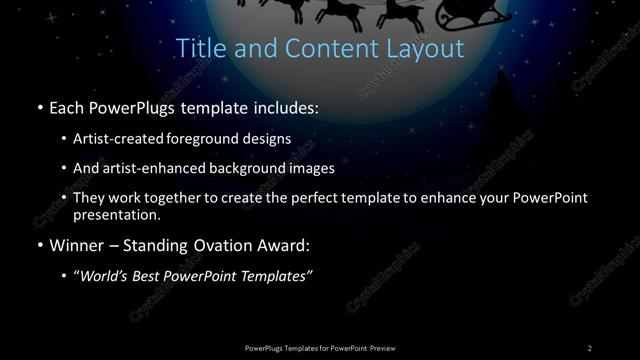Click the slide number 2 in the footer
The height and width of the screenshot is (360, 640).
(x=590, y=347)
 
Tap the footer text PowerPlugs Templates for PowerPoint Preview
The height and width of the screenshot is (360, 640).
(x=319, y=347)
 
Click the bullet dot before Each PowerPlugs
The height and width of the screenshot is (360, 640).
(x=38, y=107)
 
